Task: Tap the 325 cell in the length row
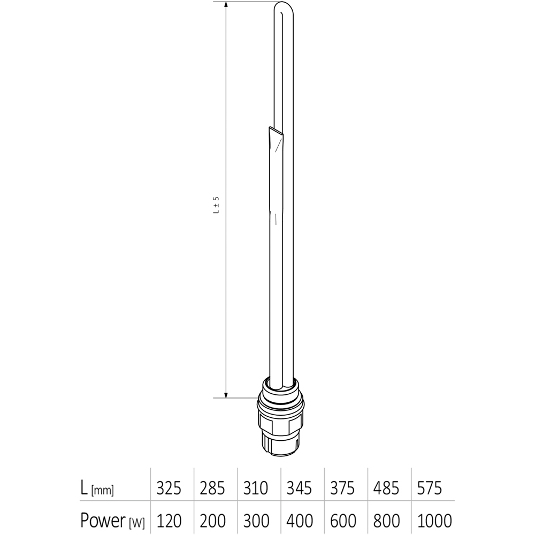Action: [169, 488]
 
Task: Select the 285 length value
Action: [212, 488]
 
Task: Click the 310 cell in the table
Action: [256, 488]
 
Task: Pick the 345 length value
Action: [300, 488]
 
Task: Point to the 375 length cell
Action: [343, 488]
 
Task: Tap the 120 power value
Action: [169, 519]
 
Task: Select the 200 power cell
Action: [212, 519]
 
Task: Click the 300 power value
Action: [256, 519]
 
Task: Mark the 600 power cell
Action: [343, 519]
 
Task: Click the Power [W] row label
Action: [112, 519]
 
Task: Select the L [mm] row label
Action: [97, 488]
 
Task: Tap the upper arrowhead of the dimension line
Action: [226, 6]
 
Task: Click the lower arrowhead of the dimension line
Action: [226, 394]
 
